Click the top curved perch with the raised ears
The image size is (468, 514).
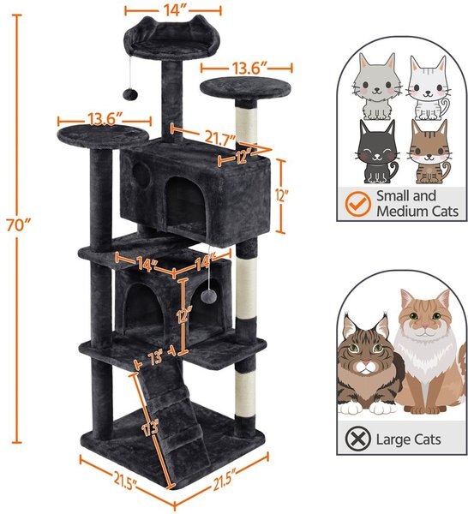tap(168, 35)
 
